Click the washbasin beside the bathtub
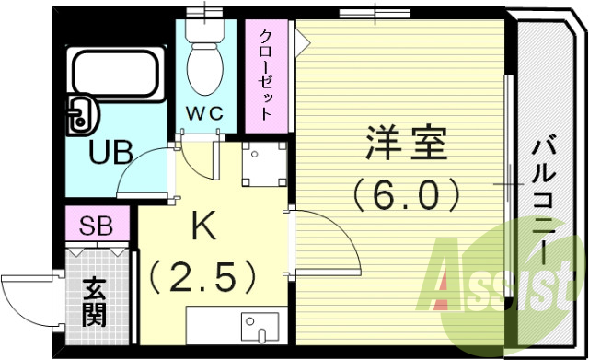(x=80, y=114)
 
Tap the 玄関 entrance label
(x=92, y=301)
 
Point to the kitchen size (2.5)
(x=202, y=274)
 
